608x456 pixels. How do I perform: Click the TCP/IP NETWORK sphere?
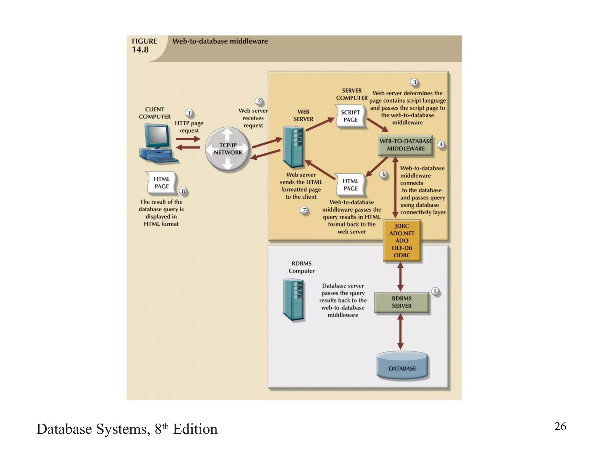coord(228,149)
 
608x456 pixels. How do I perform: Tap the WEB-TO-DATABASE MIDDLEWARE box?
coord(406,145)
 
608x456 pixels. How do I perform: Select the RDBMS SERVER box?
coord(401,302)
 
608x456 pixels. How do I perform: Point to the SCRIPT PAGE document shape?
coord(351,116)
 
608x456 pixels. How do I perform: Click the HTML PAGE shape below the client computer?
coord(162,183)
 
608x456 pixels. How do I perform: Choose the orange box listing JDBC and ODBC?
coord(402,240)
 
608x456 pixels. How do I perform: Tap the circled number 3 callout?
coord(414,82)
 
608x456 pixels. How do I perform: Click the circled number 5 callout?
coord(435,291)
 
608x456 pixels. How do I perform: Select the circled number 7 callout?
coord(304,210)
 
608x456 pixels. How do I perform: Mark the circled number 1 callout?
coord(189,113)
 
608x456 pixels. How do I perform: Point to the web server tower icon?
coord(293,147)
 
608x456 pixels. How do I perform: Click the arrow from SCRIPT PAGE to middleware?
coord(377,125)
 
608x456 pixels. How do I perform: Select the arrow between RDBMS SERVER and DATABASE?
coord(400,332)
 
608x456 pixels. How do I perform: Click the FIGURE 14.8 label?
coord(144,45)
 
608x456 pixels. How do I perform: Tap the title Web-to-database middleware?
coord(220,41)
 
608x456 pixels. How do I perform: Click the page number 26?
coord(560,426)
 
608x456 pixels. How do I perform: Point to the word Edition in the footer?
coord(195,429)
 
